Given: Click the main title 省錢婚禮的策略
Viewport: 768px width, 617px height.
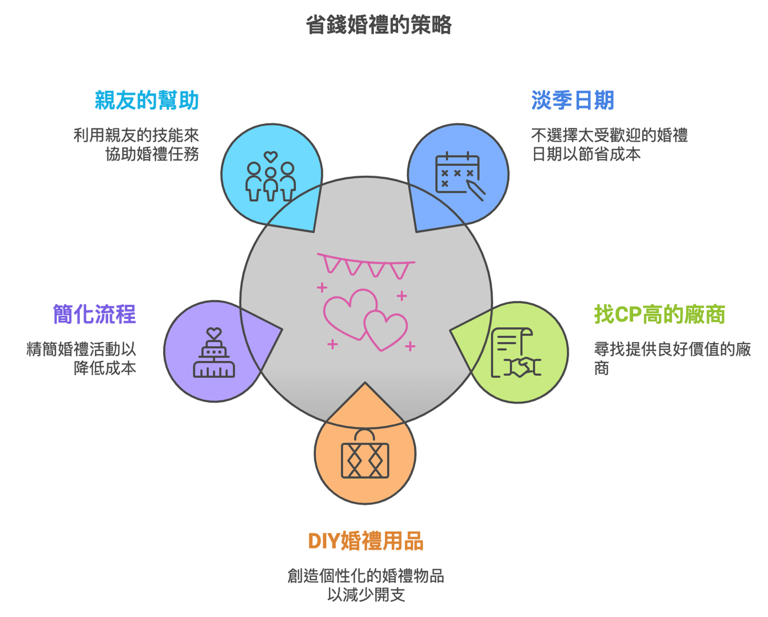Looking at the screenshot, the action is [x=378, y=25].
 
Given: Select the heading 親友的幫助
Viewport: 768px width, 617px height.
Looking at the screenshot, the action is [x=147, y=100].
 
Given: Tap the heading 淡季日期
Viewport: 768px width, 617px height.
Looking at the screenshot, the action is [x=572, y=100].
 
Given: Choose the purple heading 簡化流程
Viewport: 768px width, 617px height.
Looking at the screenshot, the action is [x=94, y=314].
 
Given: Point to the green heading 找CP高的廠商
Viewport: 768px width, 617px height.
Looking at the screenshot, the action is [x=659, y=314].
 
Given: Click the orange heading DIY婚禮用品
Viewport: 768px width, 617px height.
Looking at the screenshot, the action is [x=365, y=541].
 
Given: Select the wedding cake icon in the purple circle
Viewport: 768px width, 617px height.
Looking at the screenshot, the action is [x=214, y=353].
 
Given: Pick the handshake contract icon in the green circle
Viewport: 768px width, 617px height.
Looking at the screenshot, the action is [x=516, y=353].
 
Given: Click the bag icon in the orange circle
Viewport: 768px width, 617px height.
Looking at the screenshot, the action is [x=365, y=453].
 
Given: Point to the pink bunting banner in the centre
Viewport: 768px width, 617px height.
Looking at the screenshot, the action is [x=366, y=265].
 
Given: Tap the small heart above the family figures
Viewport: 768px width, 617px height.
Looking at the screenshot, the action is [x=270, y=156].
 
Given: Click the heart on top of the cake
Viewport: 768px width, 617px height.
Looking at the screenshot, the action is [x=214, y=333].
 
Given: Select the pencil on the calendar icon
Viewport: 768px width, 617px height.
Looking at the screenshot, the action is [x=476, y=190].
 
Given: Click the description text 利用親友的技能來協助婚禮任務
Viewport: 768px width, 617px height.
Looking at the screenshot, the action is [x=136, y=145].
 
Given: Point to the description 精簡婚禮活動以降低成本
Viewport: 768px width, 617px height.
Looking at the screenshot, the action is [x=82, y=358].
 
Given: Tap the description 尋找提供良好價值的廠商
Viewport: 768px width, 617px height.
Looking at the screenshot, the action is [x=672, y=358].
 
